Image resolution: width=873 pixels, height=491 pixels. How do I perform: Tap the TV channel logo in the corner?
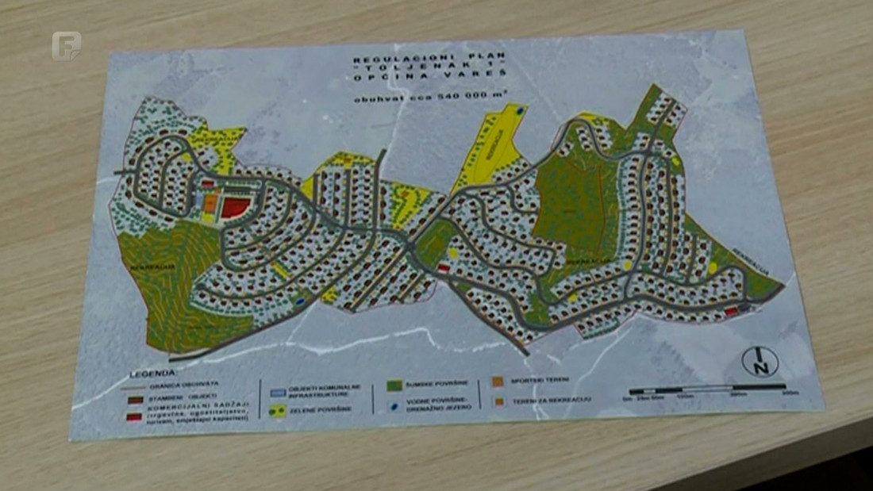coord(66,45)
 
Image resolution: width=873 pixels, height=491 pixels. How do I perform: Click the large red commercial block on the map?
coord(233,207)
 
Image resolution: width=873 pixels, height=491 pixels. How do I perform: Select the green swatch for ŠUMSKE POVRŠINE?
coord(392,385)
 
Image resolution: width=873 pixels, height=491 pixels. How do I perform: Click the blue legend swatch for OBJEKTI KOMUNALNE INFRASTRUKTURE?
coord(277,391)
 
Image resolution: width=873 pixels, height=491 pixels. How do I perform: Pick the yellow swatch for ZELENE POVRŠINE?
coord(276,411)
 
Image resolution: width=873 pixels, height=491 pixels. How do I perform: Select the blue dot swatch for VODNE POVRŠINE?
coord(392,405)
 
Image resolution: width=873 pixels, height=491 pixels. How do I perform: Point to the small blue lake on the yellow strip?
coord(519,112)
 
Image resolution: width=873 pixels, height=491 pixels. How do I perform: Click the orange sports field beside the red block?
coord(210,203)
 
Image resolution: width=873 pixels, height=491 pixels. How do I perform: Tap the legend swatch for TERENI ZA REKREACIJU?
coord(498,401)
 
